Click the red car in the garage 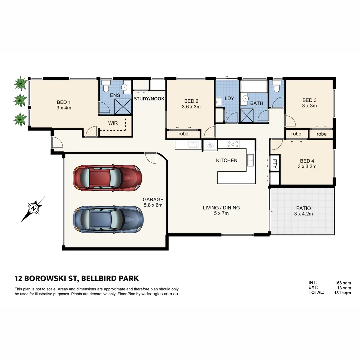[x=107, y=178]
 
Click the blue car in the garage [x=108, y=219]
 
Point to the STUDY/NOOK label [x=149, y=99]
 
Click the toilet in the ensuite [x=106, y=86]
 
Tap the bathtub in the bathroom [x=254, y=87]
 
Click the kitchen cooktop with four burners [x=233, y=144]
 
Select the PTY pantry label [x=275, y=163]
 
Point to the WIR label [x=113, y=123]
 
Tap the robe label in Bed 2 [x=183, y=134]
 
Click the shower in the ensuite [x=123, y=107]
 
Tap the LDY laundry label [x=229, y=99]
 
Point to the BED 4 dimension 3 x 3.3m [x=307, y=166]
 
